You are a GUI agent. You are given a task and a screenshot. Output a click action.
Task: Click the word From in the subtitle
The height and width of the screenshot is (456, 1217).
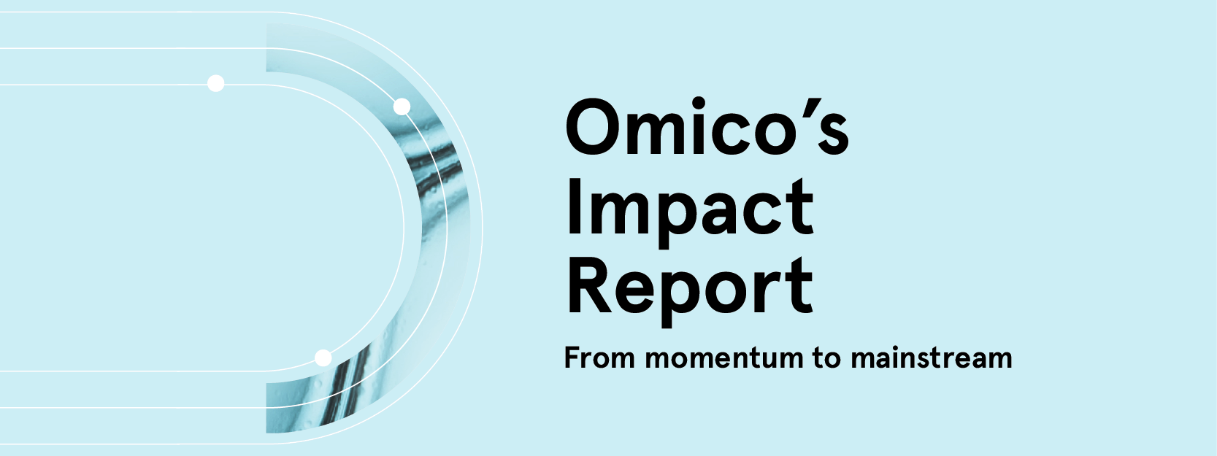tap(599, 358)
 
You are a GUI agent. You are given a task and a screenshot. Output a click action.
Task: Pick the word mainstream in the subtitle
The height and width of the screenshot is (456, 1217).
tap(932, 358)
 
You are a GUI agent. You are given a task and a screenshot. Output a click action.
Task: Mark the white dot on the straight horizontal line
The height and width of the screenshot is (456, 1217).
tap(215, 84)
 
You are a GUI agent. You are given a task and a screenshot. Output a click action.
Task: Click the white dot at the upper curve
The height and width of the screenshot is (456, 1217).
tap(402, 107)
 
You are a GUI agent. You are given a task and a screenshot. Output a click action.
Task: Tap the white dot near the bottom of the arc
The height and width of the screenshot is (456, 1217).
tap(323, 358)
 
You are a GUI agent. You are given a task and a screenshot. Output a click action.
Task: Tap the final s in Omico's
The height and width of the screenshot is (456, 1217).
tap(832, 135)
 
